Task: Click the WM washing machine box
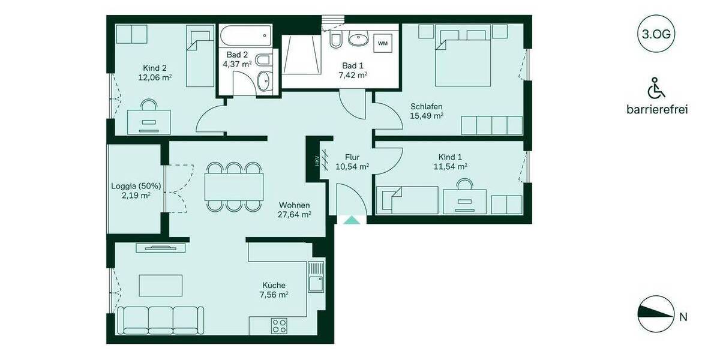coord(382,43)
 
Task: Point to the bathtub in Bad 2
coord(244,37)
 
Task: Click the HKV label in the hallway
coord(317,161)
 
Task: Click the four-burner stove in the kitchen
coord(278,326)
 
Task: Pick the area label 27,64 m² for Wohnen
coord(294,214)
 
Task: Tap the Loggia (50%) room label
coord(136,186)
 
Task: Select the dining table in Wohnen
coord(234,186)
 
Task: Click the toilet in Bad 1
coord(336,40)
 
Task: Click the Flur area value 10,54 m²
coord(352,167)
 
